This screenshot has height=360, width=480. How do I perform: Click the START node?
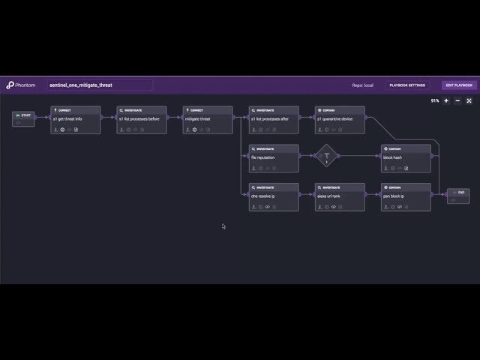pos(23,118)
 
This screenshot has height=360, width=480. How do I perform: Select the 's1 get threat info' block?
pos(75,120)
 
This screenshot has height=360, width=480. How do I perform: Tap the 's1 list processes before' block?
pos(141,120)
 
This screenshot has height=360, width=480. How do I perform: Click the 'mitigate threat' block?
pos(207,120)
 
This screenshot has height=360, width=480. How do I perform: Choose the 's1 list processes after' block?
pos(274,120)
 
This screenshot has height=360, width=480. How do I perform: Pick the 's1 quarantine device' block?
pos(340,120)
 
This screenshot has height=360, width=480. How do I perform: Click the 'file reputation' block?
pos(274,158)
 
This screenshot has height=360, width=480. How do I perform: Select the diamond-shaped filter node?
pos(327,157)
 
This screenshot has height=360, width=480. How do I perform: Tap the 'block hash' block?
pos(406,158)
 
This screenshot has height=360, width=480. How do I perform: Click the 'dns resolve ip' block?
pos(274,196)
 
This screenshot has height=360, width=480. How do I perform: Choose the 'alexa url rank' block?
pos(340,196)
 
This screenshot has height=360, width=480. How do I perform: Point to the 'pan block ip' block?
pos(406,196)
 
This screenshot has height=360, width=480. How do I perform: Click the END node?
pos(457,196)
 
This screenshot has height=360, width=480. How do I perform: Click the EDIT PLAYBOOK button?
pos(457,85)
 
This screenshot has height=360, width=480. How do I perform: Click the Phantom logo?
pos(22,85)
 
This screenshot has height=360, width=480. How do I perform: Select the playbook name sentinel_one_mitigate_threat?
pos(100,85)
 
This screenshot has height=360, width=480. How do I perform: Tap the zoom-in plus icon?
pos(446,100)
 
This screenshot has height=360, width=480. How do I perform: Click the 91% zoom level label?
pos(435,100)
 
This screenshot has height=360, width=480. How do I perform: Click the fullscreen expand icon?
pos(469,100)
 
